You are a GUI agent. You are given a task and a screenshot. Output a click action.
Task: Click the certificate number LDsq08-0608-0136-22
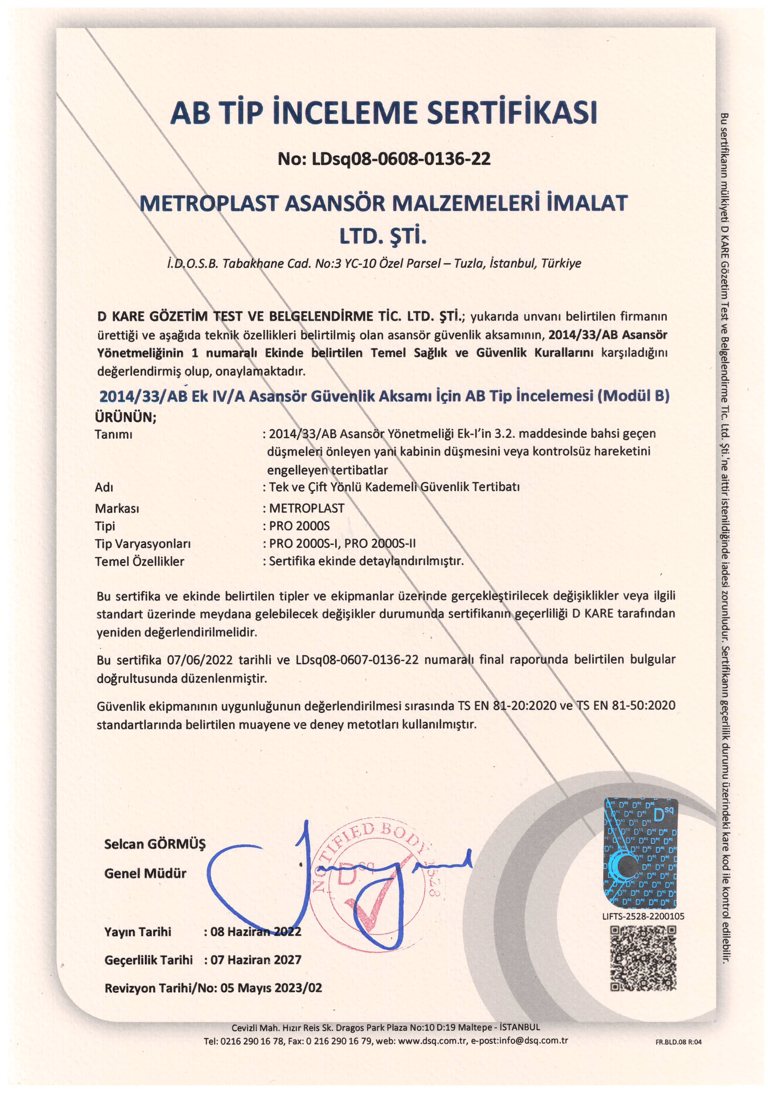tap(401, 158)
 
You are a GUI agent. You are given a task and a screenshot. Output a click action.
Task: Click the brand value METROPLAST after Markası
tap(306, 508)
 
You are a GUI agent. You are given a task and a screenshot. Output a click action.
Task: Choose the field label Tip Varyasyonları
tap(143, 543)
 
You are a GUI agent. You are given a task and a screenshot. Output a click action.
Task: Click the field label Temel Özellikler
tap(139, 561)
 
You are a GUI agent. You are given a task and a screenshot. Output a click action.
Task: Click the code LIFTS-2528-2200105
tap(643, 916)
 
